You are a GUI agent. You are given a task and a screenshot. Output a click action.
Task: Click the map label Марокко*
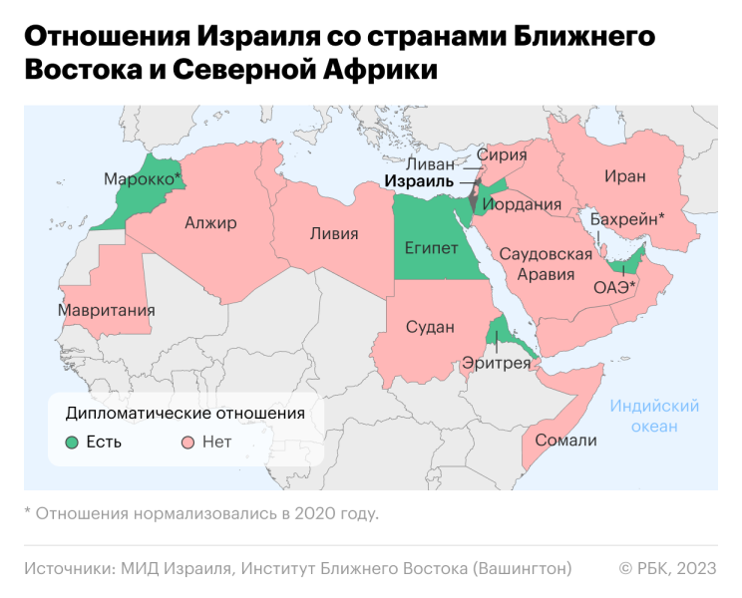pyautogui.click(x=143, y=179)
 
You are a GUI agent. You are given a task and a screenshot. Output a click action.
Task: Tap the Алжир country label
pyautogui.click(x=210, y=223)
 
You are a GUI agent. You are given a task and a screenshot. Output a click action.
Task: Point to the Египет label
pyautogui.click(x=431, y=246)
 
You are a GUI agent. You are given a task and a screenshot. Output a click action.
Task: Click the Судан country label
pyautogui.click(x=430, y=327)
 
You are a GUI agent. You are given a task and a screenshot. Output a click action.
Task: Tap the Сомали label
pyautogui.click(x=565, y=441)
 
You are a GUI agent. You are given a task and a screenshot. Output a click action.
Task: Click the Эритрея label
pyautogui.click(x=496, y=364)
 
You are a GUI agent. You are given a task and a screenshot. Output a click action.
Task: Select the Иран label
pyautogui.click(x=624, y=176)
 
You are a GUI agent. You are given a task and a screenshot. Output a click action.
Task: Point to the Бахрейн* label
pyautogui.click(x=627, y=217)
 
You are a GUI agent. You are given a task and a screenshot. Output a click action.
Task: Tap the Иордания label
pyautogui.click(x=522, y=204)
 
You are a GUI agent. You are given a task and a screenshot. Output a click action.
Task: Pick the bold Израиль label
pyautogui.click(x=419, y=182)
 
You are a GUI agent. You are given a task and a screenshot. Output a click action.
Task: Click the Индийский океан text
pyautogui.click(x=654, y=417)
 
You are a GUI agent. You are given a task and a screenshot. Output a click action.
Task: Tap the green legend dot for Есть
pyautogui.click(x=71, y=442)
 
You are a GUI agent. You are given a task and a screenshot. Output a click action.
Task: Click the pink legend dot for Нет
pyautogui.click(x=186, y=442)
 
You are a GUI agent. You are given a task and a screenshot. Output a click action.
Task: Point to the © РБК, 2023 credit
pyautogui.click(x=667, y=568)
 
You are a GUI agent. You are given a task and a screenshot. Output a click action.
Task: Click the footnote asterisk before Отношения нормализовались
pyautogui.click(x=27, y=514)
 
